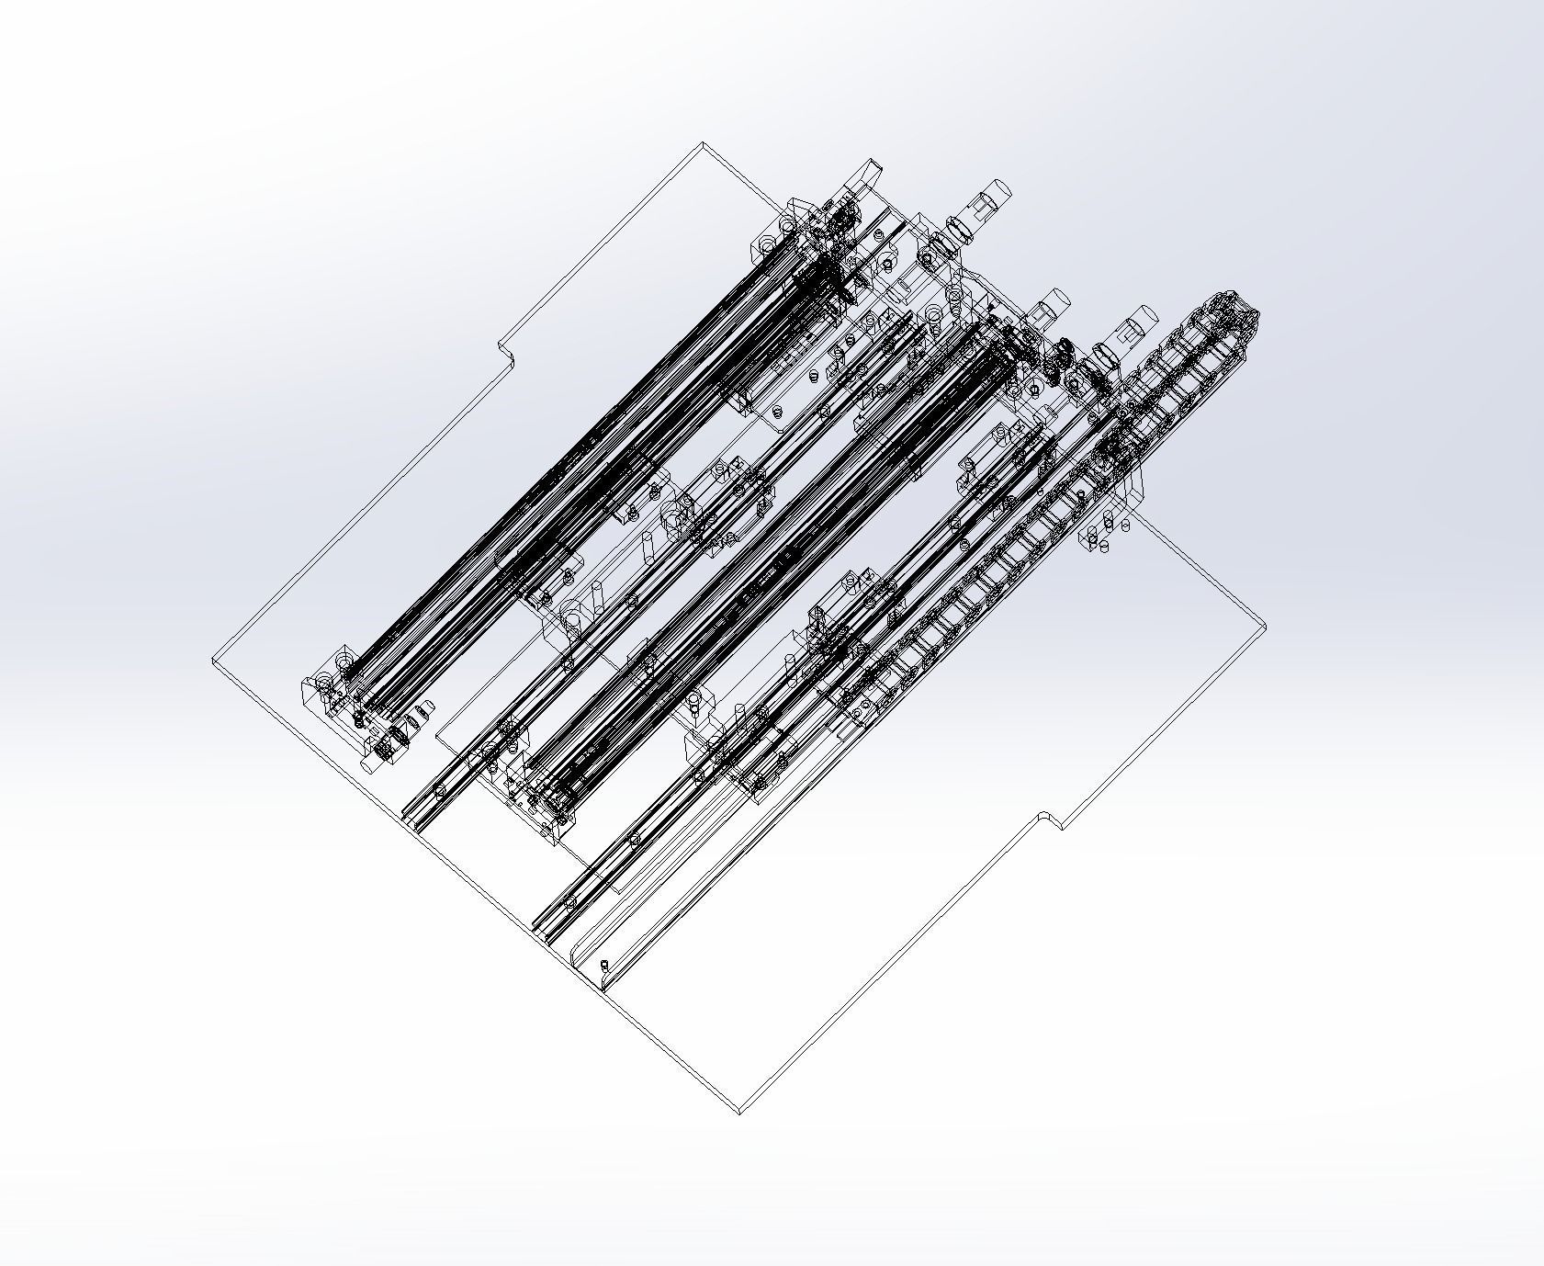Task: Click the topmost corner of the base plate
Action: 703,143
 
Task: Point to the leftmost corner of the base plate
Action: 214,661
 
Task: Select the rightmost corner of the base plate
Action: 1267,627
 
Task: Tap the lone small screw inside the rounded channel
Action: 604,965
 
